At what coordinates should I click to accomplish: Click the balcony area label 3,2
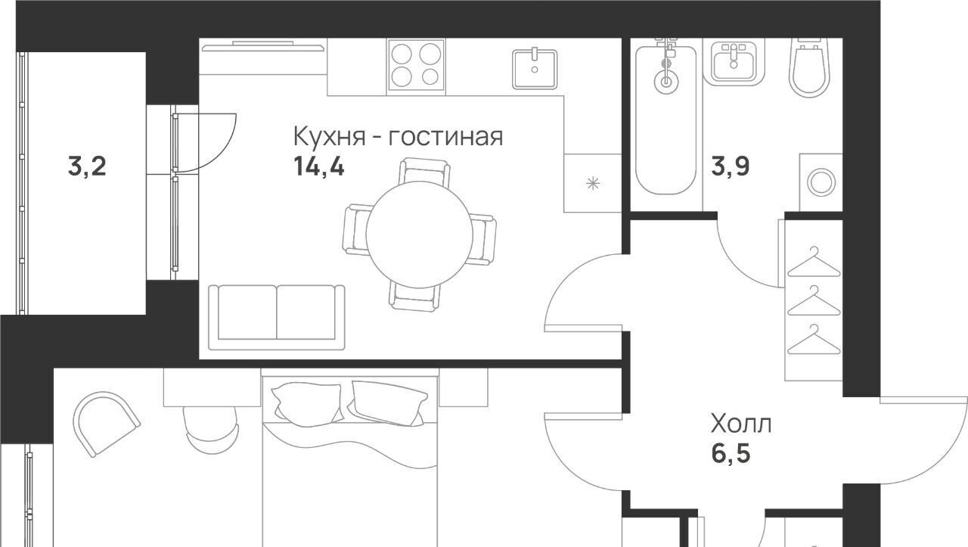click(87, 167)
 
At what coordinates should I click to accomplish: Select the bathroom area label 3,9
click(731, 166)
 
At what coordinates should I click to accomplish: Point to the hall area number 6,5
click(731, 454)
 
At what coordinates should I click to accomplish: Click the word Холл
click(740, 424)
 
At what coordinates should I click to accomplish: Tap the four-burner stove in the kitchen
click(416, 65)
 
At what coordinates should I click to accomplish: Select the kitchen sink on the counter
click(535, 69)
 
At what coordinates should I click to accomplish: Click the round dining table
click(419, 235)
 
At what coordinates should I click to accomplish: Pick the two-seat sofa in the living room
click(277, 317)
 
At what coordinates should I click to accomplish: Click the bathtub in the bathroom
click(666, 117)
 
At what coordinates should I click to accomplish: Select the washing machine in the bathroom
click(821, 182)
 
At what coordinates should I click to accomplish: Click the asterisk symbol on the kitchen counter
click(593, 183)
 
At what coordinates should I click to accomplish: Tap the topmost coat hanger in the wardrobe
click(814, 263)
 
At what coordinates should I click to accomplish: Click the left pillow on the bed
click(307, 402)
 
